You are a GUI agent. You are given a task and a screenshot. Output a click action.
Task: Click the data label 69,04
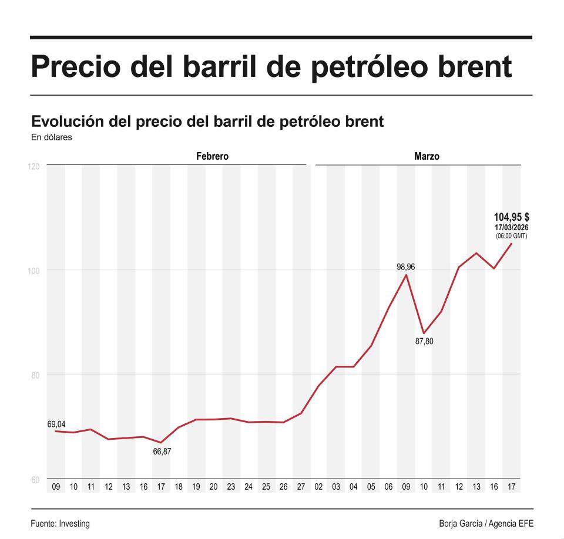point(56,423)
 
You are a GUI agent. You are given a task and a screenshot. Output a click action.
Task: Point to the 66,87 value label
point(162,452)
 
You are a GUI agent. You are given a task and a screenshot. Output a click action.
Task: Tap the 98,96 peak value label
point(405,267)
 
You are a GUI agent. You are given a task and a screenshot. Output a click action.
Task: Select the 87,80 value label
point(424,341)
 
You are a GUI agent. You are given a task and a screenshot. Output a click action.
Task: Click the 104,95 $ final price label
point(511,217)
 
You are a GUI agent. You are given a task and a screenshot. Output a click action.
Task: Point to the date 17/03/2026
point(511,227)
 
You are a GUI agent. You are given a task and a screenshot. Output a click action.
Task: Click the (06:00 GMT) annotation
point(511,236)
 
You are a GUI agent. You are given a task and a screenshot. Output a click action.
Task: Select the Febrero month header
point(212,157)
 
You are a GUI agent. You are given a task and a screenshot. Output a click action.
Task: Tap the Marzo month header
point(427,157)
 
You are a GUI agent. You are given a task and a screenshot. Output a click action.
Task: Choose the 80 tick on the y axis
point(35,375)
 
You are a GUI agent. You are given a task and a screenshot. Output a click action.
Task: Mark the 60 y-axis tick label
point(35,480)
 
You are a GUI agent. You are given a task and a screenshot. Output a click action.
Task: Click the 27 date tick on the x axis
point(301,487)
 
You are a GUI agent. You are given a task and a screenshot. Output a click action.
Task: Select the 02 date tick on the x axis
point(318,487)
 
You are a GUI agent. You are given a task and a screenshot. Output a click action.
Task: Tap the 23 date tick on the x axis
point(231,487)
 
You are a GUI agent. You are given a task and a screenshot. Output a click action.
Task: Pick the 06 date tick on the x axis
point(388,487)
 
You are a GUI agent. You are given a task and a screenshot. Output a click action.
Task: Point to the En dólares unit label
point(51,138)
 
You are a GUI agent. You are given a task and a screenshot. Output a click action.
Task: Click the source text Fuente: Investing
point(60,524)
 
